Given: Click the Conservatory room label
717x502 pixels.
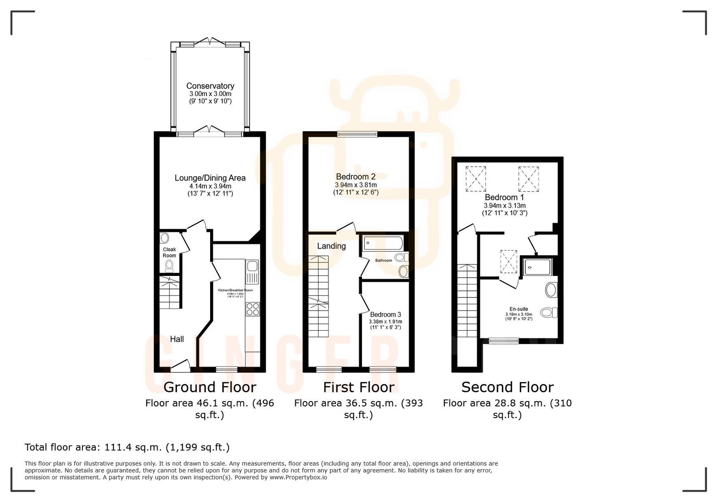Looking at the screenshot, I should coord(210,86).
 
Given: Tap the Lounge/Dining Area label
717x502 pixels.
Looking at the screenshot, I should coord(210,178).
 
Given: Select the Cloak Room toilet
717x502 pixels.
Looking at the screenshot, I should coord(169,266).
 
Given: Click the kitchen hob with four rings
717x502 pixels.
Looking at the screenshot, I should coord(252,309).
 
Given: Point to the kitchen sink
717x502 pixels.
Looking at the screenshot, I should coord(252,272).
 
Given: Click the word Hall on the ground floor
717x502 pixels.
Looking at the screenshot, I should coord(177,339).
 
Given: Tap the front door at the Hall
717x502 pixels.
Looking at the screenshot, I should coord(180,367).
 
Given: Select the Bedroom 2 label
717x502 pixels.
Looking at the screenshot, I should coord(355,177).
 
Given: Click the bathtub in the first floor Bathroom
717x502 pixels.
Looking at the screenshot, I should coord(382,244).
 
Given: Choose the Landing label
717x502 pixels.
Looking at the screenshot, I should coord(331,246).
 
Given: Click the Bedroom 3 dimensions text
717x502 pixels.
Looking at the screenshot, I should coord(385,324).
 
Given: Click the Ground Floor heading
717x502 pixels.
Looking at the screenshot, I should coord(210,387).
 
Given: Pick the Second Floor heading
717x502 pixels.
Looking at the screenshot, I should coord(507,387).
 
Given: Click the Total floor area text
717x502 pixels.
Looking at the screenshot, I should coord(127,447).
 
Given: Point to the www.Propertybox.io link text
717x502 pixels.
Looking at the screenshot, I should coord(298,477).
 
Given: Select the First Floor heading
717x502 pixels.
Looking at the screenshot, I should coord(358,387).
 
